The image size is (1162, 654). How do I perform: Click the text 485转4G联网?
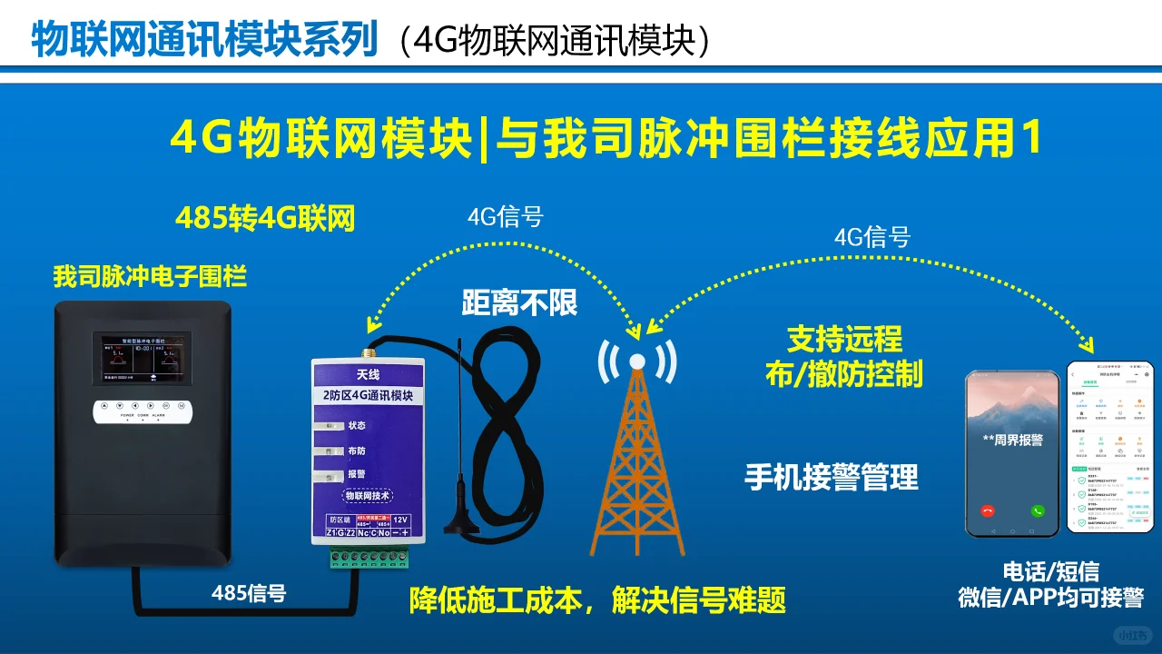[x=265, y=219]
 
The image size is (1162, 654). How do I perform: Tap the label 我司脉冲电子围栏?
[x=150, y=276]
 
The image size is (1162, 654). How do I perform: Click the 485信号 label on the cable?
[x=249, y=593]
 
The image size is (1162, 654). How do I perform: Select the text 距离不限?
[x=519, y=302]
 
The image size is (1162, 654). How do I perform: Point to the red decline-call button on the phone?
[x=988, y=510]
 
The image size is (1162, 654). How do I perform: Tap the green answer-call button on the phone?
[x=1038, y=510]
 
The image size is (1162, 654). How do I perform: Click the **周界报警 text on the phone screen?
[x=1012, y=440]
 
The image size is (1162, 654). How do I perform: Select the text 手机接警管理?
[x=832, y=477]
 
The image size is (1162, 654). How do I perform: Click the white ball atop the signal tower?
[x=636, y=362]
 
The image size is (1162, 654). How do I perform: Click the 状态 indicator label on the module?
[x=356, y=425]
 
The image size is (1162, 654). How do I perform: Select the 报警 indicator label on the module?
[x=356, y=474]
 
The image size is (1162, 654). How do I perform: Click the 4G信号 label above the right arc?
[x=871, y=237]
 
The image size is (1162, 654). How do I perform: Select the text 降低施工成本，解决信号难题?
[x=597, y=599]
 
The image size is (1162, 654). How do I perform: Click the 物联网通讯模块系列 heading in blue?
[x=204, y=40]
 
